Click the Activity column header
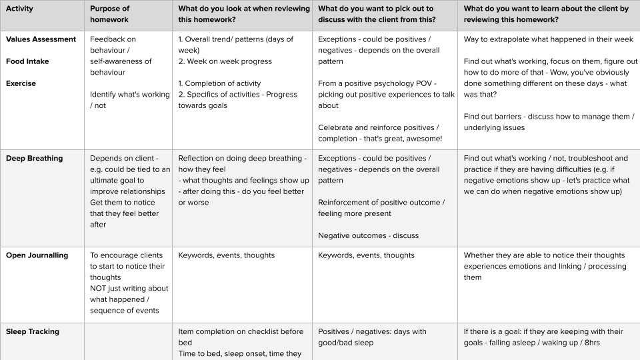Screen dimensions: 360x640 pos(19,9)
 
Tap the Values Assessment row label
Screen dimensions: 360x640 pos(41,39)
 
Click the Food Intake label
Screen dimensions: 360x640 pos(27,61)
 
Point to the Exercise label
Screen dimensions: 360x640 pos(21,83)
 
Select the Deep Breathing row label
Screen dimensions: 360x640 pos(34,159)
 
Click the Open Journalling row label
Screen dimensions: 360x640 pos(37,255)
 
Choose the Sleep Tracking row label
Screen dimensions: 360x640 pos(33,331)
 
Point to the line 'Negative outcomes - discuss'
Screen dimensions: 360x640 pos(368,235)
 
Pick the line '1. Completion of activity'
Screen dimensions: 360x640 pos(219,83)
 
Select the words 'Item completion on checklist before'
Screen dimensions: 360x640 pos(241,331)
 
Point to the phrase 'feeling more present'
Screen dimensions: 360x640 pos(355,213)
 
